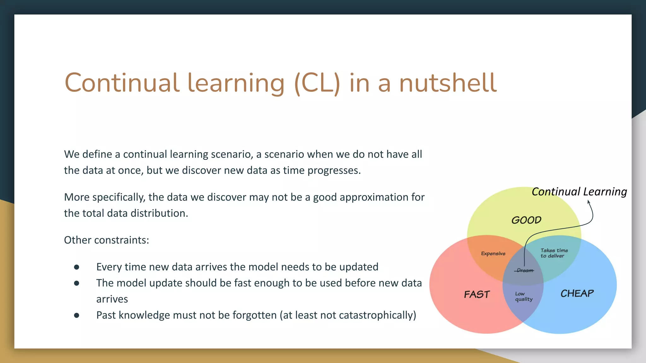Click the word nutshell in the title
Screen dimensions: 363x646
click(448, 83)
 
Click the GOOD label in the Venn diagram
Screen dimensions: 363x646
click(526, 220)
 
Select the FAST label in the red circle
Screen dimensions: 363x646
click(477, 294)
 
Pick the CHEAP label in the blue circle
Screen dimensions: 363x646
click(577, 293)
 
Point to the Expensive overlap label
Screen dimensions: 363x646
click(493, 253)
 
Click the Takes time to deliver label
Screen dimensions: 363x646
click(554, 253)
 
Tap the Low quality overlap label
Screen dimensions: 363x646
click(524, 297)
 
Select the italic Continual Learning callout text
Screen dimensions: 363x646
click(579, 192)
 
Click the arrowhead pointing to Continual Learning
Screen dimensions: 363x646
click(589, 202)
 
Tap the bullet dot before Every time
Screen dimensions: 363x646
click(77, 267)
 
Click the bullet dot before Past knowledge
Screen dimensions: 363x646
click(77, 315)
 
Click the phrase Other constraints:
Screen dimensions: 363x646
click(106, 240)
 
